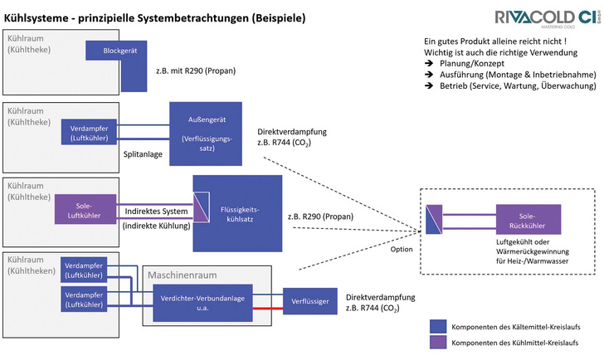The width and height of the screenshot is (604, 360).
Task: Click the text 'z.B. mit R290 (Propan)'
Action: click(x=195, y=71)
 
